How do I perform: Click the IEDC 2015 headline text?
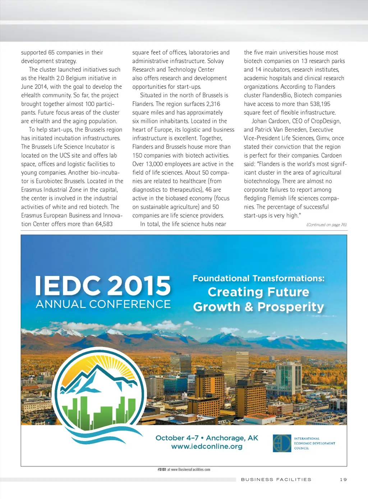click(x=103, y=286)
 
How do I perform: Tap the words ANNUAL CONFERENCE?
click(x=103, y=304)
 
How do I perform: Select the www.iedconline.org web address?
click(x=207, y=446)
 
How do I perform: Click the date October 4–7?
click(x=177, y=438)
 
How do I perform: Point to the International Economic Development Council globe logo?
click(x=282, y=443)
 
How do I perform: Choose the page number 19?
click(x=343, y=479)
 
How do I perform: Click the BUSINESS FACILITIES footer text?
click(x=276, y=479)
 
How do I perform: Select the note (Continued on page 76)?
click(x=326, y=225)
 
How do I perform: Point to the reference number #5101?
click(x=162, y=469)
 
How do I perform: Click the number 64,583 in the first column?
click(x=104, y=224)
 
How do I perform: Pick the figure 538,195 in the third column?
click(x=320, y=104)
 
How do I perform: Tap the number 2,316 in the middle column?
click(x=213, y=104)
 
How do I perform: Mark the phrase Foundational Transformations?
click(x=258, y=278)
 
